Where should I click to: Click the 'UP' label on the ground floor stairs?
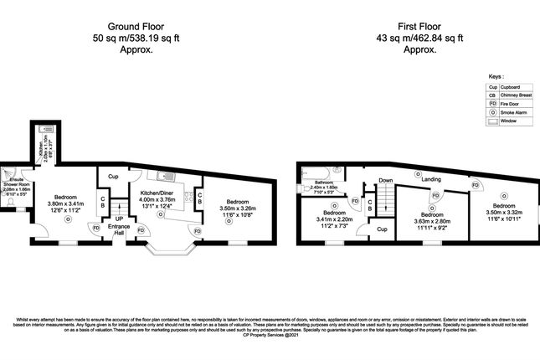pyautogui.click(x=118, y=220)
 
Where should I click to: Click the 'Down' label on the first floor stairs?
pyautogui.click(x=385, y=180)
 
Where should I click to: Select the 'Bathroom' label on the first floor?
pyautogui.click(x=324, y=182)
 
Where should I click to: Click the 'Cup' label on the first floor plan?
pyautogui.click(x=382, y=229)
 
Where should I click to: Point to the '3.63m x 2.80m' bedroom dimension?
pyautogui.click(x=432, y=220)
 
